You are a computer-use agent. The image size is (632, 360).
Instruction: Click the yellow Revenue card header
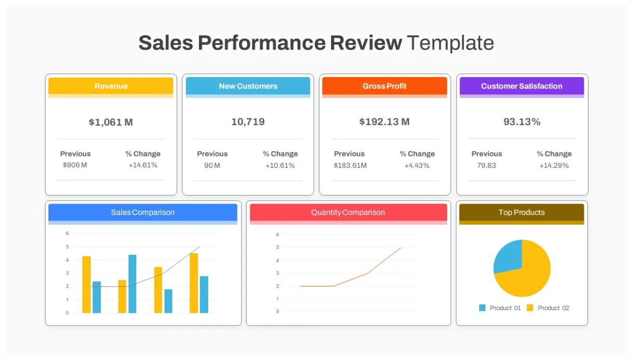pyautogui.click(x=111, y=86)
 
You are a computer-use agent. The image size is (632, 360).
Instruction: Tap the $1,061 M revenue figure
pyautogui.click(x=111, y=122)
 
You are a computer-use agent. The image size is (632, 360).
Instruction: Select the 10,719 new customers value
pyautogui.click(x=248, y=122)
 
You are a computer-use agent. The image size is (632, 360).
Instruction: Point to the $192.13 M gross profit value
pyautogui.click(x=384, y=122)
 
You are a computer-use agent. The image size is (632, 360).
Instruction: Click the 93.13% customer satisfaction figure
pyautogui.click(x=522, y=122)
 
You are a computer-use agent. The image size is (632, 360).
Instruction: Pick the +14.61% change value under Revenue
pyautogui.click(x=143, y=165)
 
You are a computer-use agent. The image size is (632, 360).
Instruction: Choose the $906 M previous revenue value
pyautogui.click(x=75, y=165)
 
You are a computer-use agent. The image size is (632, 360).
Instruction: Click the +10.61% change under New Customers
pyautogui.click(x=280, y=165)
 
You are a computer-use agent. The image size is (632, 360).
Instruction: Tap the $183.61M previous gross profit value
pyautogui.click(x=350, y=165)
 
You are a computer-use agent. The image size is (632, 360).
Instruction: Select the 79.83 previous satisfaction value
pyautogui.click(x=486, y=165)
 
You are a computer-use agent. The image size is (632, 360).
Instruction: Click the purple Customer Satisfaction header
pyautogui.click(x=522, y=86)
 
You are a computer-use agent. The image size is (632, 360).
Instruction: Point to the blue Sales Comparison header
pyautogui.click(x=142, y=212)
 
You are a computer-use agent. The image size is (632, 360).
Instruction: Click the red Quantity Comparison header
pyautogui.click(x=348, y=212)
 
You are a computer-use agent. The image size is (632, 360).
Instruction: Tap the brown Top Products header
pyautogui.click(x=522, y=212)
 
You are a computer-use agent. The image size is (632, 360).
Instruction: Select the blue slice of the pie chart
pyautogui.click(x=508, y=257)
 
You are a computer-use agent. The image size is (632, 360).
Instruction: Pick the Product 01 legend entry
pyautogui.click(x=500, y=308)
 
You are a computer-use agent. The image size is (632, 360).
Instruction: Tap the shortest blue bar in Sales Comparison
pyautogui.click(x=168, y=301)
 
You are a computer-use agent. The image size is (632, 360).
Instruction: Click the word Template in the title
pyautogui.click(x=450, y=43)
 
